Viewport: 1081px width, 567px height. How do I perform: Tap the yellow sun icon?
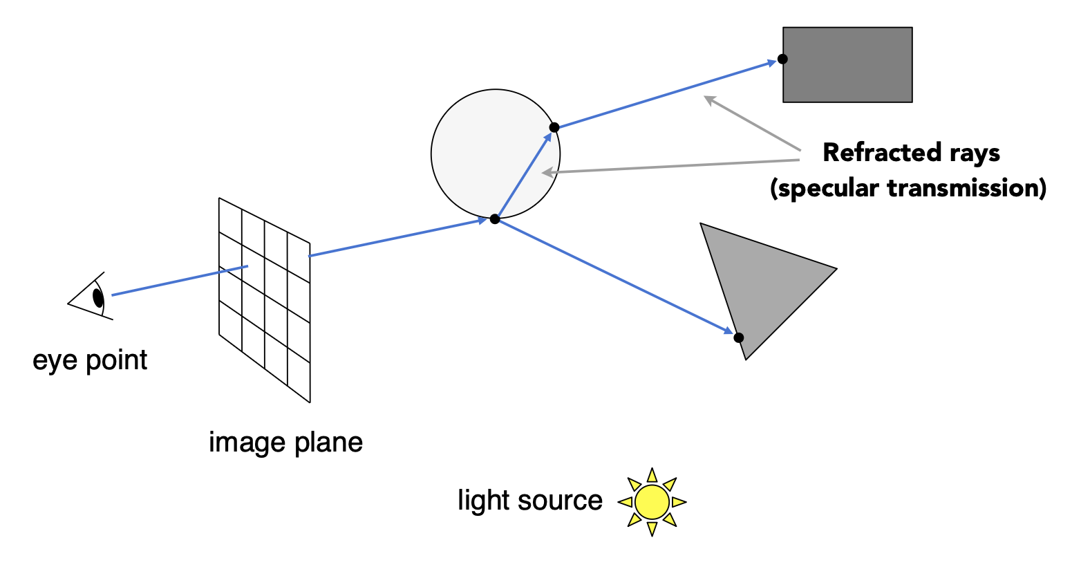[x=652, y=502]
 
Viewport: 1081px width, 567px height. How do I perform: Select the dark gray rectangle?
[x=848, y=65]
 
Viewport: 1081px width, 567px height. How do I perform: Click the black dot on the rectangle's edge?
[x=782, y=59]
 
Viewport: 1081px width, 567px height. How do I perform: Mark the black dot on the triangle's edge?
[x=738, y=337]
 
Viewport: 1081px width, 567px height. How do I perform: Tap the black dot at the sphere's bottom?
[x=494, y=219]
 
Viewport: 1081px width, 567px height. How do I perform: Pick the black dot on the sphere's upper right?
[x=554, y=127]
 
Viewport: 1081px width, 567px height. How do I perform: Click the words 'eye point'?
[x=90, y=360]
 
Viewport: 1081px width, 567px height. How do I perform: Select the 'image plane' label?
[x=285, y=443]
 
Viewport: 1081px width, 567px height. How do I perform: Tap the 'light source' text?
[x=530, y=500]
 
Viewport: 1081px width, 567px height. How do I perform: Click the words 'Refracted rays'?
[x=911, y=153]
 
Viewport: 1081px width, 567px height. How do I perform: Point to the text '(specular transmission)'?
[x=908, y=188]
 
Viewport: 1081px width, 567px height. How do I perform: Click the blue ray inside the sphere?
[x=524, y=174]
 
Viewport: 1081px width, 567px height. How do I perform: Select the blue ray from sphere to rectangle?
[x=667, y=94]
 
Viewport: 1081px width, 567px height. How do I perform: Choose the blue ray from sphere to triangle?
[x=615, y=277]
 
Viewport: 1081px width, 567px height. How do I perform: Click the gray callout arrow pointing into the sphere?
[x=670, y=167]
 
